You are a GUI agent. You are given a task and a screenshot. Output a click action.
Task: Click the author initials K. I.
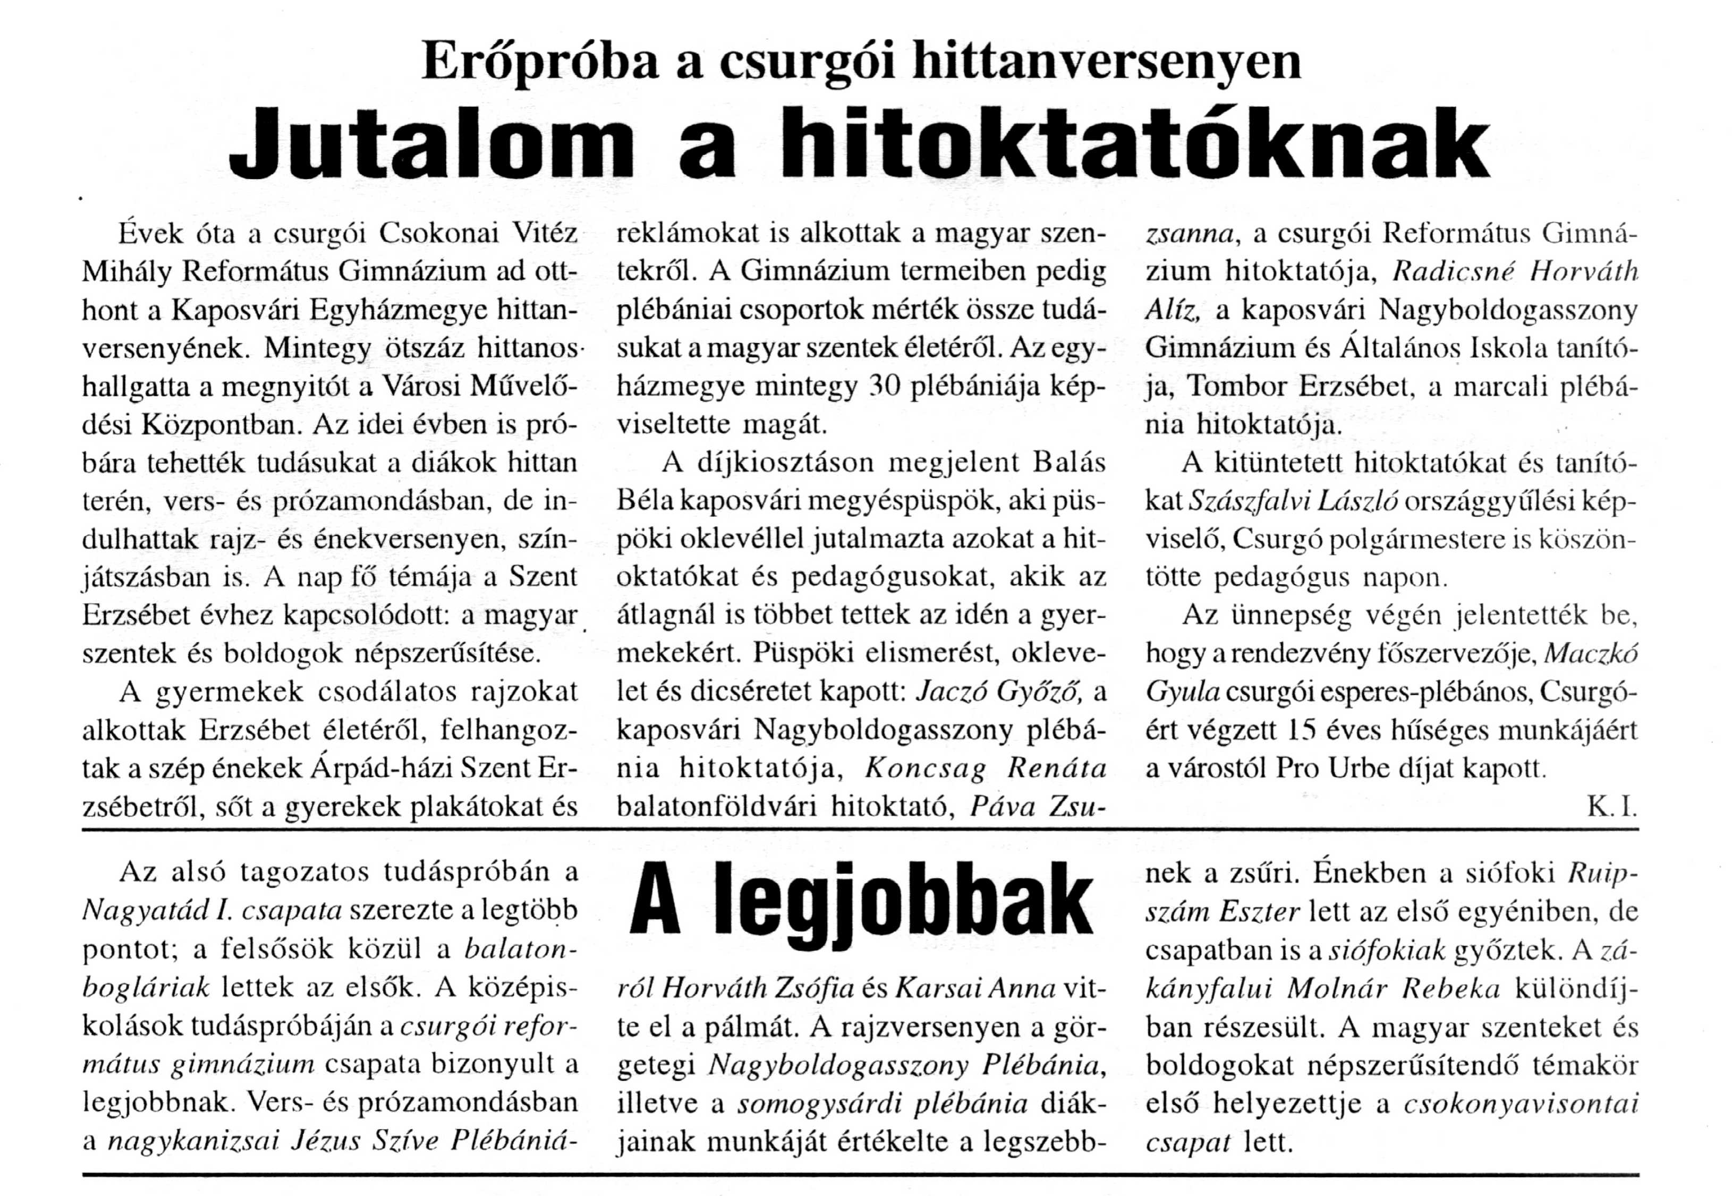click(x=1611, y=808)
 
